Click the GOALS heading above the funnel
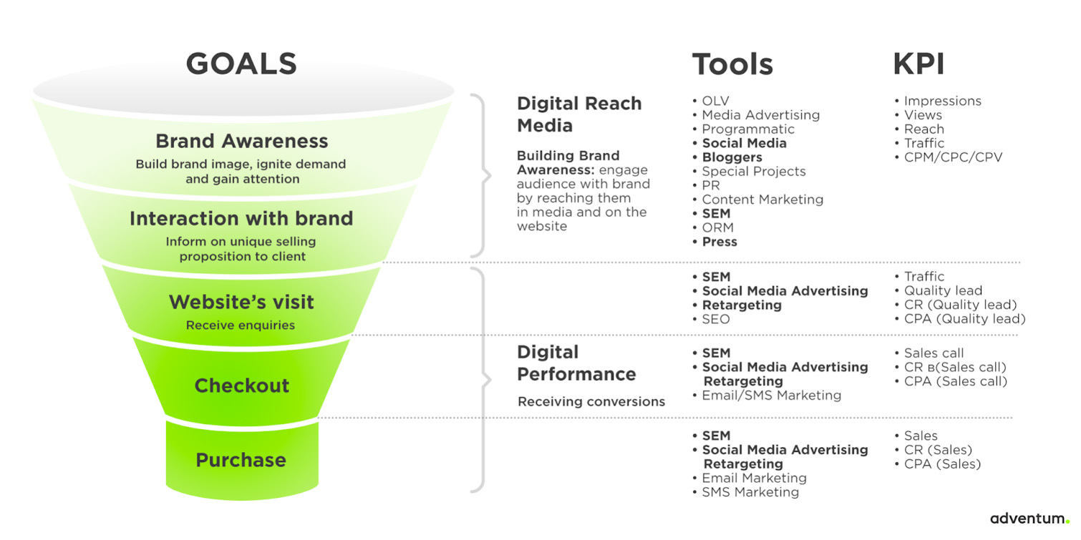(241, 64)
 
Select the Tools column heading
(732, 64)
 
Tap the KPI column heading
(918, 64)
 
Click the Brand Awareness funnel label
(242, 141)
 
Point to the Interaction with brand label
(241, 218)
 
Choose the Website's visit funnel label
(241, 303)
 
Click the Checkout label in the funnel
(242, 386)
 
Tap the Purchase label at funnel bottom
(241, 460)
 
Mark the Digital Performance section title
(576, 363)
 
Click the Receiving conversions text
(591, 402)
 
